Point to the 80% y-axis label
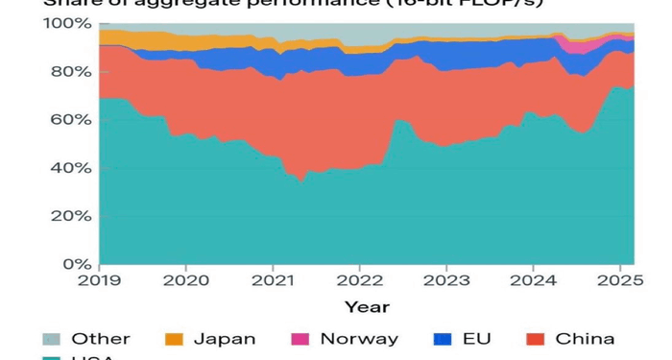(68, 72)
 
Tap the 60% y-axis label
(68, 120)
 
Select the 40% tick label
(68, 168)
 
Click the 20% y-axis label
(68, 216)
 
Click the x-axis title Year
(367, 307)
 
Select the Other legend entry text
(101, 339)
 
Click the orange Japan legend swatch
(174, 339)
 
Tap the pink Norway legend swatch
(300, 339)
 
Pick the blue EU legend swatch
(443, 339)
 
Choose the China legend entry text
(585, 339)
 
